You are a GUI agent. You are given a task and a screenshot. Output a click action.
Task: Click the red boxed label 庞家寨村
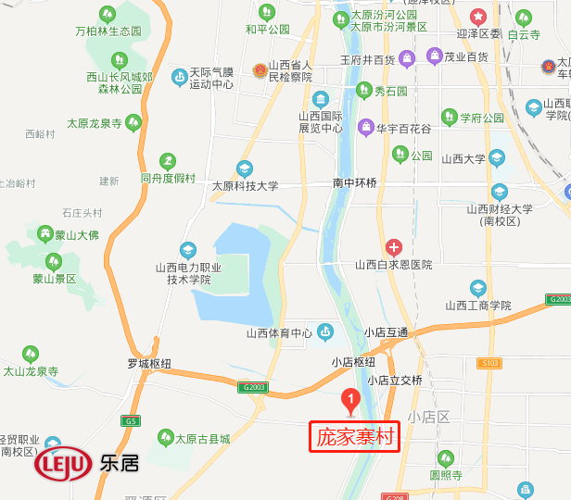[x=353, y=436]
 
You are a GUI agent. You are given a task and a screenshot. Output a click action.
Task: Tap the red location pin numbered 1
[x=351, y=400]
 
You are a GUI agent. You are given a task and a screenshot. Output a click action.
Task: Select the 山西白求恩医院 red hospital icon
[x=394, y=247]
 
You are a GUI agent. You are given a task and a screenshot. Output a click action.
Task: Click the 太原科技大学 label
[x=245, y=185]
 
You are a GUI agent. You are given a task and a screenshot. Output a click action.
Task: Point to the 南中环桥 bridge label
[x=355, y=183]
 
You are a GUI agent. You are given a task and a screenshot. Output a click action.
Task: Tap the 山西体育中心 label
[x=279, y=333]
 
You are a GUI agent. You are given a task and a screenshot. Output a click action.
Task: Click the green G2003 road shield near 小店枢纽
[x=252, y=387]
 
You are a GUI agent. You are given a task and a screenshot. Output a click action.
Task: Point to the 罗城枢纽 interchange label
[x=150, y=363]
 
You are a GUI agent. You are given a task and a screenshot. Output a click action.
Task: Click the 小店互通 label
[x=386, y=332]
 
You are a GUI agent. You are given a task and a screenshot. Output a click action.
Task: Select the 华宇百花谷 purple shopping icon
[x=366, y=126]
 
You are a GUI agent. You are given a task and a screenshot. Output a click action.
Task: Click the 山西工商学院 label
[x=477, y=305]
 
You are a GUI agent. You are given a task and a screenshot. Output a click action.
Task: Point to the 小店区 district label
[x=427, y=417]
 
